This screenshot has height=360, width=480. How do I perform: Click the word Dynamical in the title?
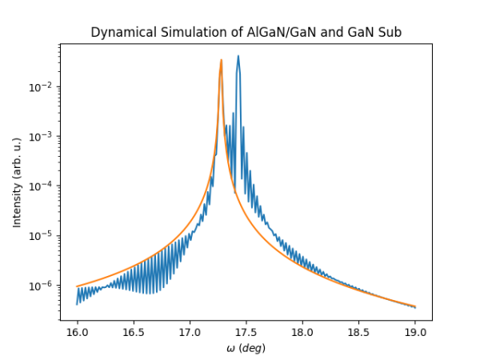pos(120,33)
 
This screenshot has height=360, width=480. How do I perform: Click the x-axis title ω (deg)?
pos(246,348)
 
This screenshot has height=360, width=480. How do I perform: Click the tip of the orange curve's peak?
pos(222,60)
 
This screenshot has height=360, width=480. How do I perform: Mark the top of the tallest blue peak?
pos(238,56)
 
